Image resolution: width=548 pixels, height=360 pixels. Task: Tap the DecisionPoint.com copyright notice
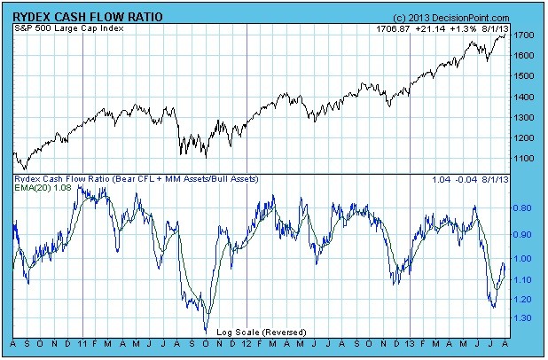pos(453,18)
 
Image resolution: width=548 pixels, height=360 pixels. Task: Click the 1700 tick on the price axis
pos(523,35)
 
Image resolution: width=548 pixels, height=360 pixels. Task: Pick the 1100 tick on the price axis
pos(523,158)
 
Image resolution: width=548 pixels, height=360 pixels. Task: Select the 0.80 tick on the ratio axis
pos(522,208)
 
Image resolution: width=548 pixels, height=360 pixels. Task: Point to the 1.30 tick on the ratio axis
pos(522,317)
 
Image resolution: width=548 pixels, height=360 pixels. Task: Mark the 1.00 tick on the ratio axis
pos(522,258)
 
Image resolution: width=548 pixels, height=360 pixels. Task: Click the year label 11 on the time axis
pos(82,343)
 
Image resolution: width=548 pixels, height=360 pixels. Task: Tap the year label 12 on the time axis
pos(246,343)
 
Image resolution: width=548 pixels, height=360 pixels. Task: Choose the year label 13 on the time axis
pos(410,343)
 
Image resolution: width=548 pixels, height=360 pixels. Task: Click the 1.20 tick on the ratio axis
pos(522,299)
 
